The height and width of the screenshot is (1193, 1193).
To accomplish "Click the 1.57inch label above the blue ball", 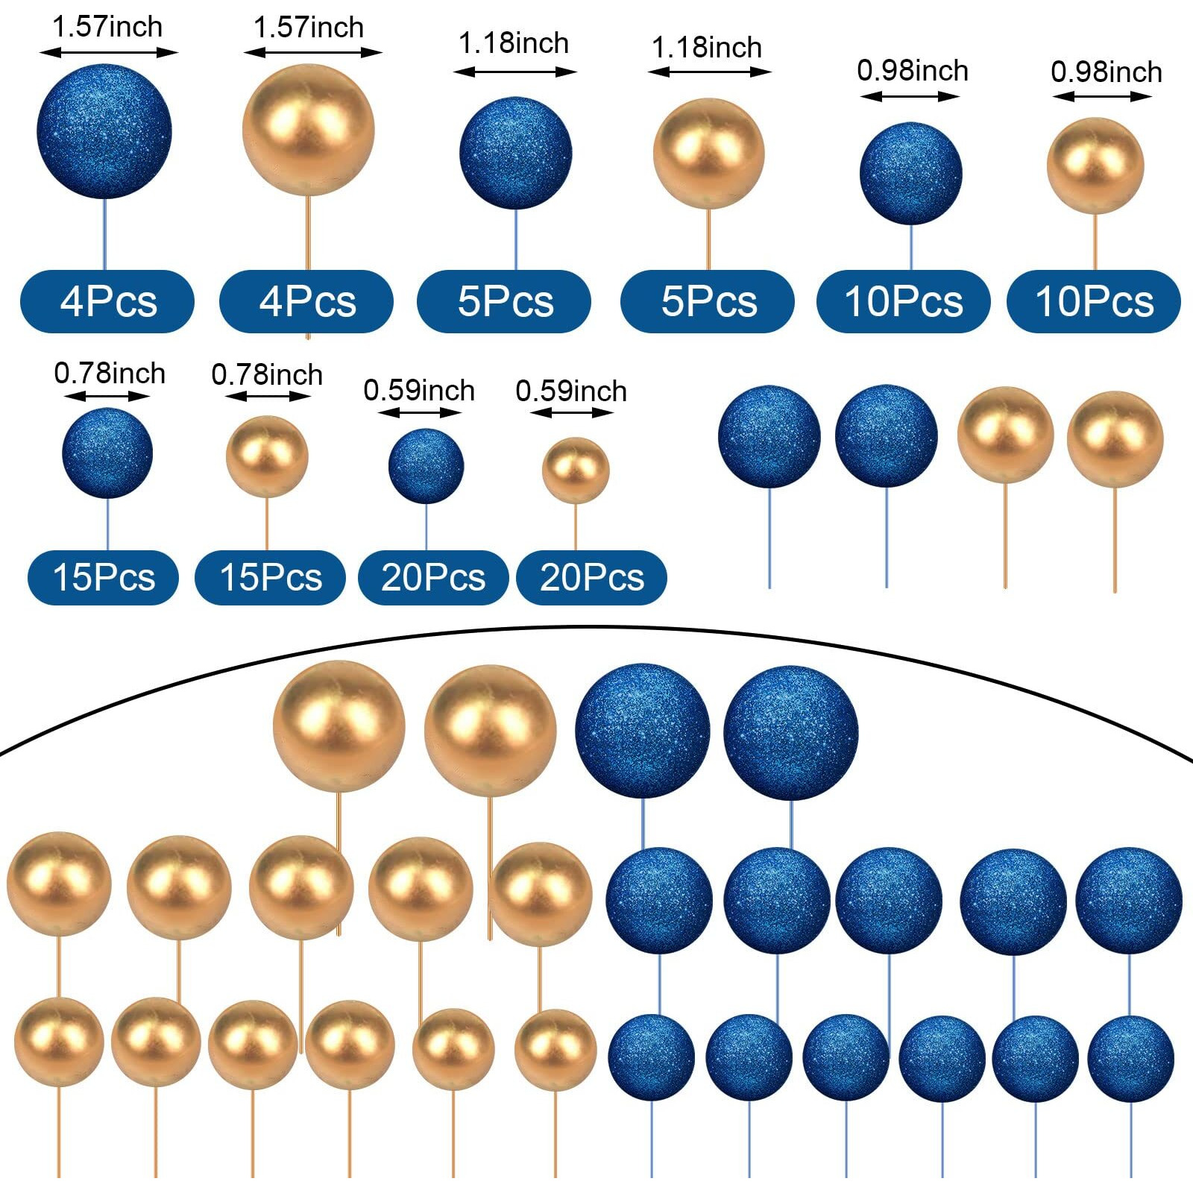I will [107, 28].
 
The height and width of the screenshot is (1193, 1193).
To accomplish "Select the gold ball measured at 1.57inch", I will [308, 130].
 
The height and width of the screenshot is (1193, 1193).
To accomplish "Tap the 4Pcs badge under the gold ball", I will [306, 301].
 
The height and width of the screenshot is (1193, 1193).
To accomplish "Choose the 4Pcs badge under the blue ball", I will [107, 301].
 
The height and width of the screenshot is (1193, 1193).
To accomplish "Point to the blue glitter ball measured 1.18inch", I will [515, 153].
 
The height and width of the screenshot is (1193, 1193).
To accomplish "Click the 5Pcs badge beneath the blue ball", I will [504, 301].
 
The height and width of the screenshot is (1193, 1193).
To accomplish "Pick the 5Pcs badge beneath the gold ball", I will [708, 301].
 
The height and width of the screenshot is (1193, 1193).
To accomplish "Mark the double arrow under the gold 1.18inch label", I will [709, 72].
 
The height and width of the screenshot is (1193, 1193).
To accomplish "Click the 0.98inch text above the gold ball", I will [1106, 72].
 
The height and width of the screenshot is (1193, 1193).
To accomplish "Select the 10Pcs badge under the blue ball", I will [903, 301].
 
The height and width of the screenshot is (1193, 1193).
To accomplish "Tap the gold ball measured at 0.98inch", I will [1095, 166].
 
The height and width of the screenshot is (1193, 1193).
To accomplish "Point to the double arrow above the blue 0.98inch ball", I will [910, 96].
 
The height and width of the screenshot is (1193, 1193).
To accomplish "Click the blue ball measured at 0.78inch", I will [107, 453].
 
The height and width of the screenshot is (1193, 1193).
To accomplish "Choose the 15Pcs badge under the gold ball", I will [270, 577].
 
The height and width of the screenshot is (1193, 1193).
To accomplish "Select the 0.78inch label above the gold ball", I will [267, 374].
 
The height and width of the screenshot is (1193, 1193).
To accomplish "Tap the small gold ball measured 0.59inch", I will [575, 470].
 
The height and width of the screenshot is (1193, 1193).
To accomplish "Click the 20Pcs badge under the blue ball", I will [433, 577].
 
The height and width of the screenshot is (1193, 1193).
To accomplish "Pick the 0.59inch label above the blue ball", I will [419, 391].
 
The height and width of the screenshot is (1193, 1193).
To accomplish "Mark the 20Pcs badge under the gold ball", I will [591, 577].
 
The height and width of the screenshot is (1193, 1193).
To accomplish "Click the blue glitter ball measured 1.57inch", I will [104, 131].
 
